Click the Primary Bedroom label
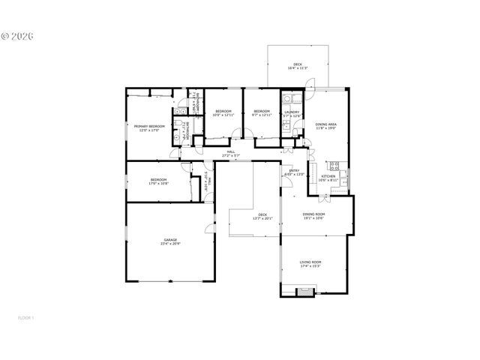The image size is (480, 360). click(x=150, y=128)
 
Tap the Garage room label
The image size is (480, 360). click(x=171, y=242)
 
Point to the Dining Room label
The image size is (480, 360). click(x=313, y=217)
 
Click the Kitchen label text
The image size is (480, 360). click(x=328, y=178)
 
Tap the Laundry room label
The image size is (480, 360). click(x=291, y=114)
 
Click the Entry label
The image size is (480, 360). click(x=294, y=172)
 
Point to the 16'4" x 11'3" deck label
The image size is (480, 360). click(x=298, y=67)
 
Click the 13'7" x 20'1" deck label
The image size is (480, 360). click(x=262, y=217)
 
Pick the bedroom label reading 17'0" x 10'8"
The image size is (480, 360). click(x=158, y=181)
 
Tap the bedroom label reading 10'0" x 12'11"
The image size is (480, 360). click(x=223, y=114)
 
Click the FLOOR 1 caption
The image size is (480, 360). click(x=26, y=318)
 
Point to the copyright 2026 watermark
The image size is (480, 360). click(x=22, y=35)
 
